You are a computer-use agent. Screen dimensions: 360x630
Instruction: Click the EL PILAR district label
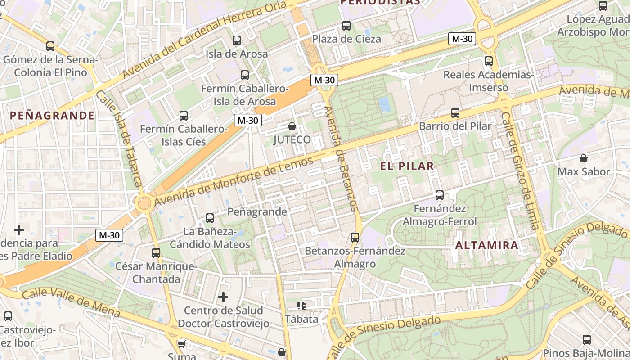point(407,166)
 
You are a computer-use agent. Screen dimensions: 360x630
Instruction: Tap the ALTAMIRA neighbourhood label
point(487,245)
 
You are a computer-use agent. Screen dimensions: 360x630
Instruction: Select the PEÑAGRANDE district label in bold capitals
point(52,116)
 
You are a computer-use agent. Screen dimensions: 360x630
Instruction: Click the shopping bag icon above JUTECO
point(292,126)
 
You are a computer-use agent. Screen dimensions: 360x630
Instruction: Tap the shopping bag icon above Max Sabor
point(584,158)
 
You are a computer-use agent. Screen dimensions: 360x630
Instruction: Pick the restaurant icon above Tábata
point(301,306)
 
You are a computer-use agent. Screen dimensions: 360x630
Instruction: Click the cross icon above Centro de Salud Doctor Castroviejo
point(223,297)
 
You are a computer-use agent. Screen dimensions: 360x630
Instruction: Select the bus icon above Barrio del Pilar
point(455,113)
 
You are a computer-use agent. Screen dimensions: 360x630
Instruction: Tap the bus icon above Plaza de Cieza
point(346,26)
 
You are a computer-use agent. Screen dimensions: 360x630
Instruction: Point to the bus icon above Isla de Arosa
point(237,40)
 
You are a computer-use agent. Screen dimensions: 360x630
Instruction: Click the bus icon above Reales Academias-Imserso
point(489,61)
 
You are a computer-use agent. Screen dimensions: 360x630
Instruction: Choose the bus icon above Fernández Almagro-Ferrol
point(440,195)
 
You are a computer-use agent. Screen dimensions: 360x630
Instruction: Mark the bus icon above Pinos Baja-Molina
point(587,340)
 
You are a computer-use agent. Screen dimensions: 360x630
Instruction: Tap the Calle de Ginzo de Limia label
point(519,171)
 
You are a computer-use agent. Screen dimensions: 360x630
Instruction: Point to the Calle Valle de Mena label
point(71,301)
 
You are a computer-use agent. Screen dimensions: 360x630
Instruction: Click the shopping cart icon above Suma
point(181,344)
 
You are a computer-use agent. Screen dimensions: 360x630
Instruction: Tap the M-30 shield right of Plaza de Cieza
point(462,39)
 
